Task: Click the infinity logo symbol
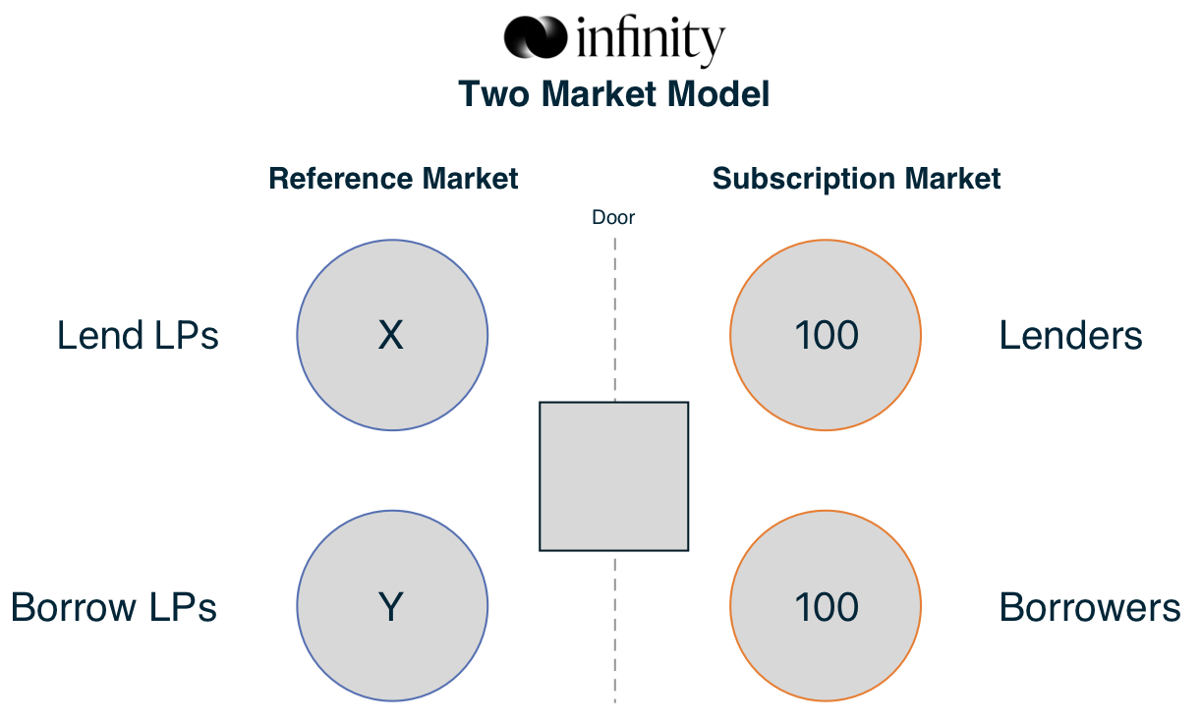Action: [x=535, y=37]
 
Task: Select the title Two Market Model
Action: [x=614, y=94]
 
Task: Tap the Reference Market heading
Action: [x=393, y=179]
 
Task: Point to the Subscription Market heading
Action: [x=856, y=179]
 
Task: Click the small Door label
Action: [x=613, y=218]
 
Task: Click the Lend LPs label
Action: [x=138, y=336]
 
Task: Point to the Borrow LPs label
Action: [x=114, y=607]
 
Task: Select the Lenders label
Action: [x=1070, y=336]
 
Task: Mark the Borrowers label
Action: [x=1090, y=607]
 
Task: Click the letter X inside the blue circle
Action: [x=391, y=335]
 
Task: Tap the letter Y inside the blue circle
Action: [x=391, y=607]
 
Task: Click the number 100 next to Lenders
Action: [x=827, y=336]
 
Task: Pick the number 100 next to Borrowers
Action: [x=827, y=607]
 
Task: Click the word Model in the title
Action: [x=718, y=94]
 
